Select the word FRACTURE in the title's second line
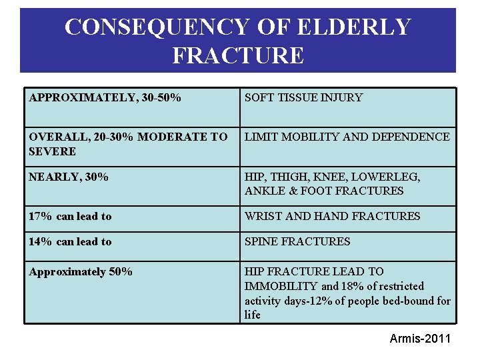(238, 55)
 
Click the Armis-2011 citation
(420, 339)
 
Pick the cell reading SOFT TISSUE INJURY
(303, 98)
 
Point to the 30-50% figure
(160, 98)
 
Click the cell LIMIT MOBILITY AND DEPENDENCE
(347, 137)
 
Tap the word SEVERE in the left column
(52, 151)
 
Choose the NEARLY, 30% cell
(69, 177)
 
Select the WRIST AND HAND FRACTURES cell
(332, 216)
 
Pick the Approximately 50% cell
(81, 271)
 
